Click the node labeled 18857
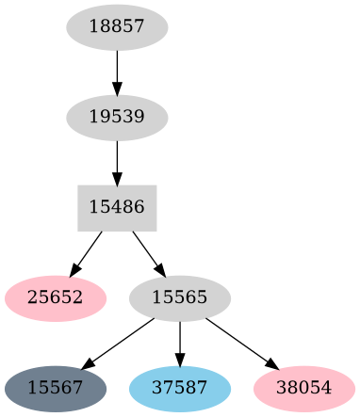point(117,27)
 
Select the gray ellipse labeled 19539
point(117,118)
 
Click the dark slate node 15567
point(55,388)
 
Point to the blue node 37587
point(179,388)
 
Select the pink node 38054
point(303,388)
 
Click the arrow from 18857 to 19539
point(117,71)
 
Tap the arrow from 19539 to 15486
point(117,161)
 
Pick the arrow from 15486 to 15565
point(147,251)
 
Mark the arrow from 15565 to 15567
point(119,343)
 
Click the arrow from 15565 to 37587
point(179,343)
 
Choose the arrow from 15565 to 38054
point(239,343)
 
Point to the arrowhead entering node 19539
point(117,89)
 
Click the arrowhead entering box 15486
point(117,179)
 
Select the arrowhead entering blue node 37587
point(179,360)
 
